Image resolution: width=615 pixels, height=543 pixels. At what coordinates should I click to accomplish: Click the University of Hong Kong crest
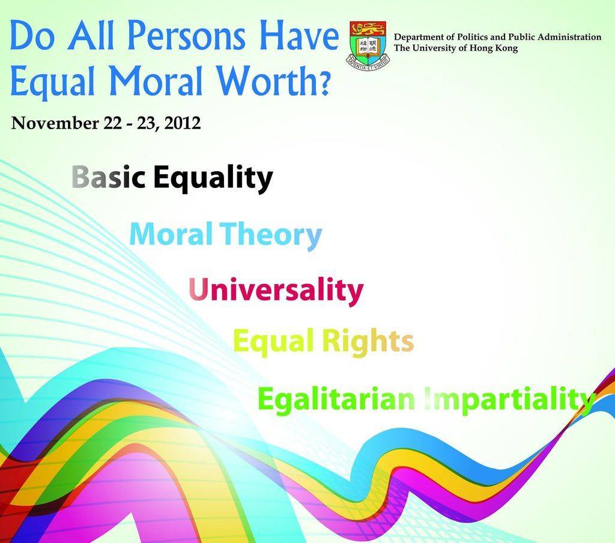tap(368, 46)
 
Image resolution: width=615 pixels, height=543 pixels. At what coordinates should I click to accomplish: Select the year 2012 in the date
tap(183, 123)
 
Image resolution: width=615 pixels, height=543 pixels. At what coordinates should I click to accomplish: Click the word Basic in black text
tap(109, 177)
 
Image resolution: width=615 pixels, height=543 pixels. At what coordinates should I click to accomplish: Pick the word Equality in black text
tap(213, 179)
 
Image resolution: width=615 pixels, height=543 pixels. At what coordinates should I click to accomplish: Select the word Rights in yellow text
tap(368, 342)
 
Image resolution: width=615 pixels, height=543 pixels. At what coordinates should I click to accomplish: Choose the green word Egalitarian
tap(336, 399)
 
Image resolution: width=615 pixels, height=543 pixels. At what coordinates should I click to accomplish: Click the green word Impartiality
tap(509, 400)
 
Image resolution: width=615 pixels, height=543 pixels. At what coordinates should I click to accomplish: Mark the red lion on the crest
tap(368, 29)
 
